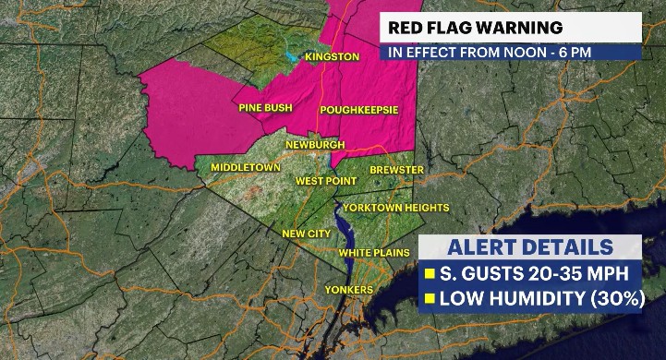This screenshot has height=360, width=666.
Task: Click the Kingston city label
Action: point(332,57)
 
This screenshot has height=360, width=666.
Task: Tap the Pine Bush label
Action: point(266,109)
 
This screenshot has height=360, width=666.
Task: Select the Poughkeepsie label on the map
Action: point(359,110)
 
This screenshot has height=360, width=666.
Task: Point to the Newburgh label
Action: point(315,145)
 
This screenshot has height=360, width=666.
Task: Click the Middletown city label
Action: point(245,167)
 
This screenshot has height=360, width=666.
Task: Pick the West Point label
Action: point(321,182)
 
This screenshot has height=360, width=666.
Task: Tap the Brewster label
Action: point(397,171)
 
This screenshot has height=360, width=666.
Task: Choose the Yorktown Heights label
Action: point(403,209)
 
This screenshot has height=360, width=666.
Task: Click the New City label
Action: point(306,234)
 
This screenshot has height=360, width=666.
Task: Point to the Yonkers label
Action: point(349,290)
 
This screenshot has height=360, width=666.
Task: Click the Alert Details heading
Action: point(530,247)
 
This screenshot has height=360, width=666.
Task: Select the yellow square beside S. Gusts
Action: point(430,274)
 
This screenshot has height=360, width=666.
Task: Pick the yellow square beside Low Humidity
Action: point(430,299)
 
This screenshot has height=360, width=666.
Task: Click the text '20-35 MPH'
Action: point(576,274)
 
